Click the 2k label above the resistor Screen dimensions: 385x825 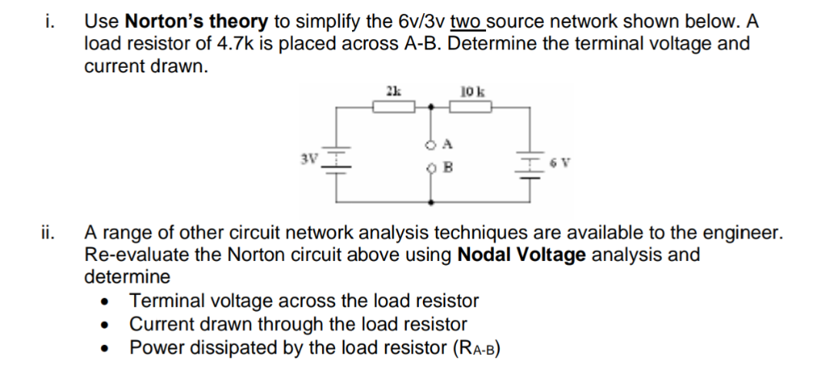392,91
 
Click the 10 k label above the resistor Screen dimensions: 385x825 471,91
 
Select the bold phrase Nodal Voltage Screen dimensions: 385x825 521,254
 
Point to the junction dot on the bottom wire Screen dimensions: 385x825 431,203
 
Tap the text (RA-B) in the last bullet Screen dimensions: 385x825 471,348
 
